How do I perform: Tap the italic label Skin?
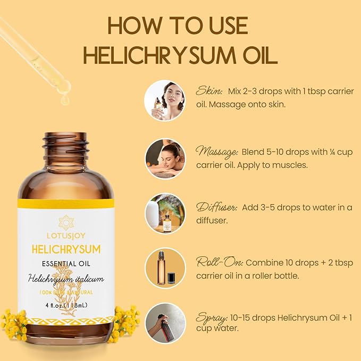pyautogui.click(x=208, y=90)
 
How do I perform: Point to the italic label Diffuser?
pyautogui.click(x=216, y=207)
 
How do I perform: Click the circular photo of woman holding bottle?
pyautogui.click(x=165, y=100)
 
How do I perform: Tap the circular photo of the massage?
pyautogui.click(x=165, y=158)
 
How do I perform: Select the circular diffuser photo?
pyautogui.click(x=165, y=213)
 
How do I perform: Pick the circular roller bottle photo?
pyautogui.click(x=165, y=268)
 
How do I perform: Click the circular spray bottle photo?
pyautogui.click(x=165, y=323)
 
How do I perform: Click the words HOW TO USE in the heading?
pyautogui.click(x=178, y=26)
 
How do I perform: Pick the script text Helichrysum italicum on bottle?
pyautogui.click(x=66, y=279)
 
